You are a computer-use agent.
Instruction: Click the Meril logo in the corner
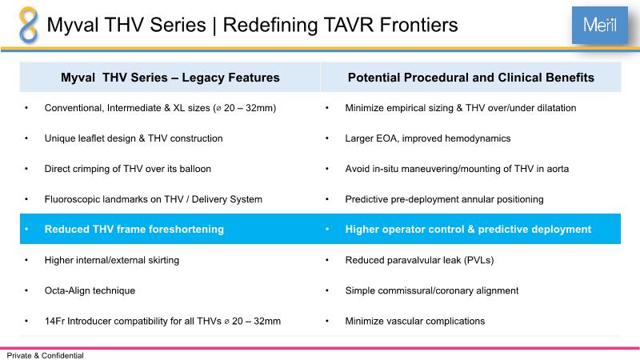pyautogui.click(x=599, y=25)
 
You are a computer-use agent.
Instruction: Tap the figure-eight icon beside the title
pyautogui.click(x=29, y=25)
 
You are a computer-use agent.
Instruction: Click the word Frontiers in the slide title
pyautogui.click(x=418, y=25)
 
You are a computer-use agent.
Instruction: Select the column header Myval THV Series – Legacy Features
pyautogui.click(x=170, y=78)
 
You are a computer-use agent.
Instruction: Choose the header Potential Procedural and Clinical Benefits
pyautogui.click(x=471, y=78)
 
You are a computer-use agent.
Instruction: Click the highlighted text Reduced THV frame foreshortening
pyautogui.click(x=134, y=230)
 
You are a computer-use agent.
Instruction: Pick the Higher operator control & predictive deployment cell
pyautogui.click(x=468, y=230)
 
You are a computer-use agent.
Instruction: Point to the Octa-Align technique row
pyautogui.click(x=90, y=290)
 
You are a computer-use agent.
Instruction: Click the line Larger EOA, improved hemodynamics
pyautogui.click(x=428, y=138)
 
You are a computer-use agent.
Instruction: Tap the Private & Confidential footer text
pyautogui.click(x=46, y=355)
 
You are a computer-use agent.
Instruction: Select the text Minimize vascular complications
pyautogui.click(x=415, y=322)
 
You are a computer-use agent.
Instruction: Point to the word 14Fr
pyautogui.click(x=54, y=322)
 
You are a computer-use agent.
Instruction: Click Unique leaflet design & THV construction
pyautogui.click(x=134, y=138)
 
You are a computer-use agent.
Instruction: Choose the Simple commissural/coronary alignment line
pyautogui.click(x=432, y=290)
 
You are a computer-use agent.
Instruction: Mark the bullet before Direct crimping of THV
pyautogui.click(x=26, y=169)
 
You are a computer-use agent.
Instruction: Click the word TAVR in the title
pyautogui.click(x=348, y=25)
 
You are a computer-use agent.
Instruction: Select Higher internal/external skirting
pyautogui.click(x=112, y=260)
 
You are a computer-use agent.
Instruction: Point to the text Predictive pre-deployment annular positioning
pyautogui.click(x=445, y=199)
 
